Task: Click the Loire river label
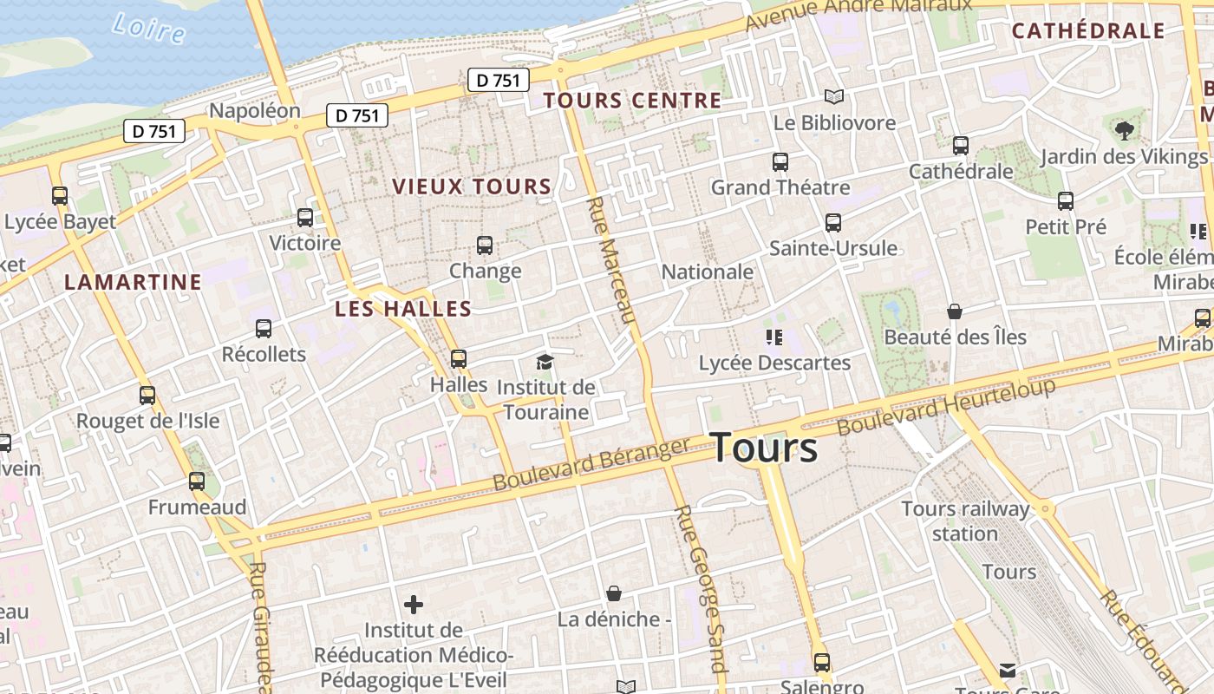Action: click(148, 28)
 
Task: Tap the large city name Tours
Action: click(764, 448)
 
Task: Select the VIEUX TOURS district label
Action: click(472, 187)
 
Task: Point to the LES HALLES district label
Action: click(403, 309)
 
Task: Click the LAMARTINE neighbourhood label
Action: click(133, 282)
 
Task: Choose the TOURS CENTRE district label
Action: click(632, 101)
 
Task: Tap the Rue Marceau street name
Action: click(613, 260)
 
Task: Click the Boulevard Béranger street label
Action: click(591, 464)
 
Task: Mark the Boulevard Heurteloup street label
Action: click(946, 406)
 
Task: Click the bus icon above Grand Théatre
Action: click(780, 161)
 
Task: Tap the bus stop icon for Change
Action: click(485, 246)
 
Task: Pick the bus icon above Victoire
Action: click(305, 218)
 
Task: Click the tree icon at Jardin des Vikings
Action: click(1125, 131)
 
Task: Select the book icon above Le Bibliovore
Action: click(834, 96)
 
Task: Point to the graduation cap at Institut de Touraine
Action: click(545, 362)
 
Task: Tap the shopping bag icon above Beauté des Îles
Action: click(955, 311)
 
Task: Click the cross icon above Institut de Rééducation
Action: click(414, 604)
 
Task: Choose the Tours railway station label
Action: click(965, 520)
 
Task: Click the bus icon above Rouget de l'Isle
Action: click(147, 396)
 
